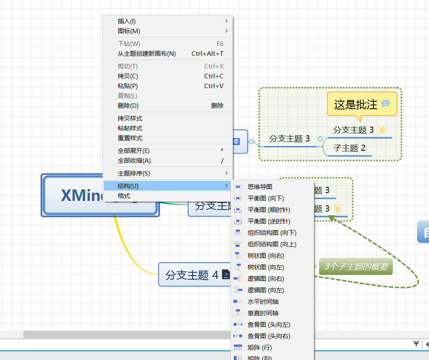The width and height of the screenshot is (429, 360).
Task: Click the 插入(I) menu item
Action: point(127,21)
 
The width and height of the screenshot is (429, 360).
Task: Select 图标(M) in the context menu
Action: point(129,31)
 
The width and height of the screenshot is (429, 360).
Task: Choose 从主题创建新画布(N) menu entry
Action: point(146,54)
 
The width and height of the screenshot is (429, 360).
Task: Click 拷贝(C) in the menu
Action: point(128,76)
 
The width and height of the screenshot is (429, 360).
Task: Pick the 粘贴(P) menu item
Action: point(128,86)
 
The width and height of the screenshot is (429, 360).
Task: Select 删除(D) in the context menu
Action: point(128,106)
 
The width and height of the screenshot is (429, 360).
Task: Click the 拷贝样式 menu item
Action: point(130,118)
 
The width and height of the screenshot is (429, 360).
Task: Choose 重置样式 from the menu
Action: point(130,138)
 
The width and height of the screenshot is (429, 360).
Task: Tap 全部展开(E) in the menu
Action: point(134,151)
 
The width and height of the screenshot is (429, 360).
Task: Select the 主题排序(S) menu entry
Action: point(134,173)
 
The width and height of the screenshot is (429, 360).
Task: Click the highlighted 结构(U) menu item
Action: point(128,186)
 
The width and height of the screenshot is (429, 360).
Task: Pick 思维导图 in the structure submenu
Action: point(260,187)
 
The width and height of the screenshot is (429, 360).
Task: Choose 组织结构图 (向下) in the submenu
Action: point(272,233)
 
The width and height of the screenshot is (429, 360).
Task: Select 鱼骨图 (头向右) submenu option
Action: point(269,336)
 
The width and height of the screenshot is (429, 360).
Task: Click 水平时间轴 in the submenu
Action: point(263,302)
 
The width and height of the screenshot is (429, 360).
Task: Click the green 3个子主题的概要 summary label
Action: point(356,267)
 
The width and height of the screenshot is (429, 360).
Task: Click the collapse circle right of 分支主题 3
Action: point(320,139)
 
